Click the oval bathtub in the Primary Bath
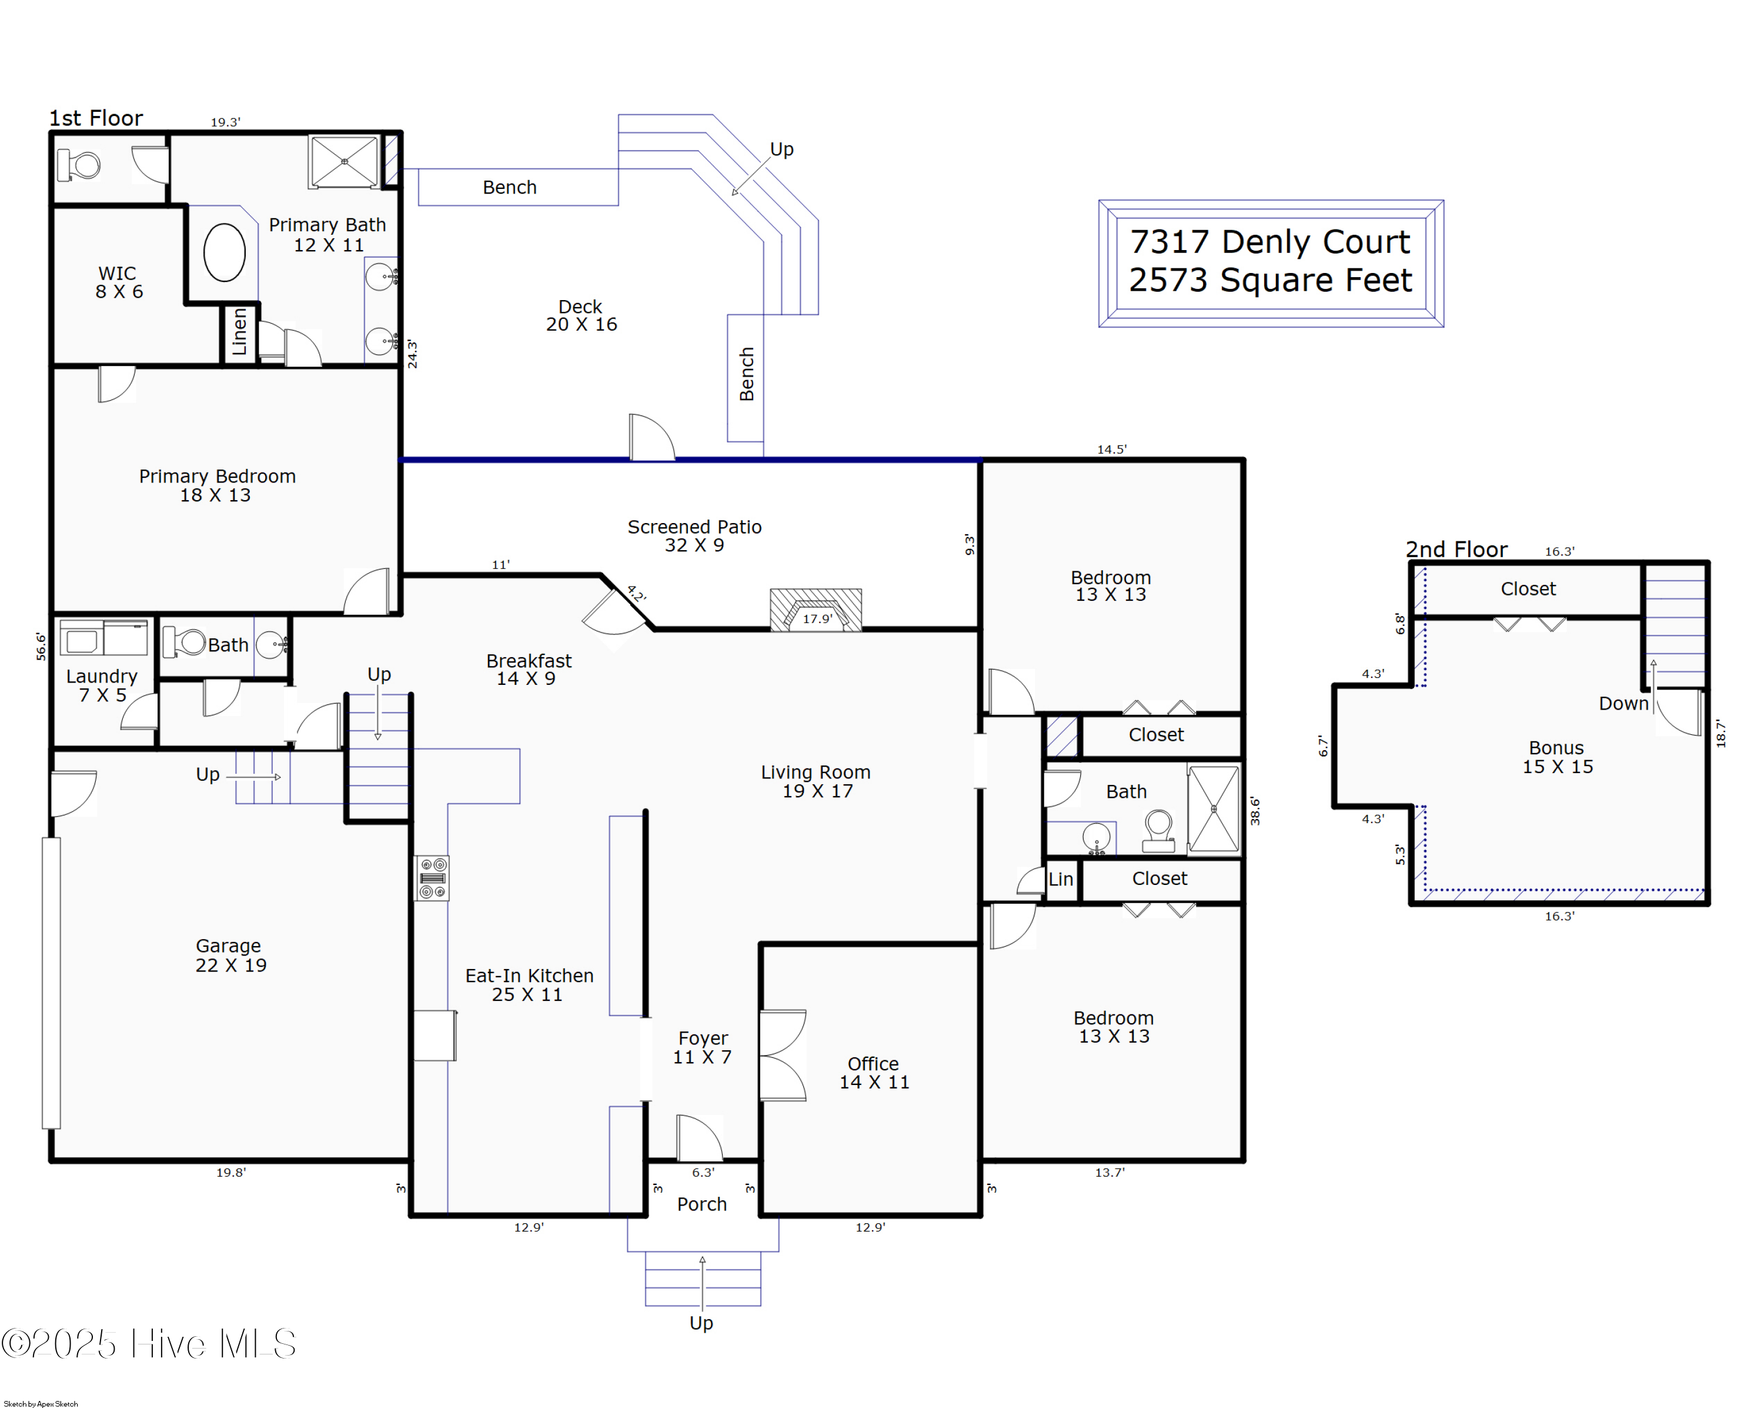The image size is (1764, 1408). pos(224,253)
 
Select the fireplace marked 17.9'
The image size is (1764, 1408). pos(816,611)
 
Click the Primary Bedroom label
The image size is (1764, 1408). pos(217,485)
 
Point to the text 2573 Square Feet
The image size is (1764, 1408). pos(1270,281)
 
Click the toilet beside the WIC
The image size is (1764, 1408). pos(79,165)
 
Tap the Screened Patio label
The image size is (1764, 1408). pos(694,535)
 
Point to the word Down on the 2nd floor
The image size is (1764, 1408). pos(1623,703)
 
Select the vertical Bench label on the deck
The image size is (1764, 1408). pos(746,374)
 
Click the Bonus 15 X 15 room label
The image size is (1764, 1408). pos(1556,757)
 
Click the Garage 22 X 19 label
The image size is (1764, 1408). pos(230,956)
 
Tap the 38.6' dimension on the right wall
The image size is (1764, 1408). pos(1254,810)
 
